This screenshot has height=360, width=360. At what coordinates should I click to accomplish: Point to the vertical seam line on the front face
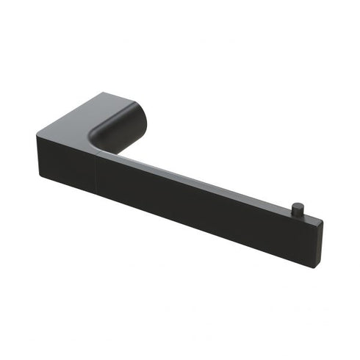pos(95,170)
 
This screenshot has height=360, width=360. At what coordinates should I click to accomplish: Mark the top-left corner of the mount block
pos(36,134)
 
